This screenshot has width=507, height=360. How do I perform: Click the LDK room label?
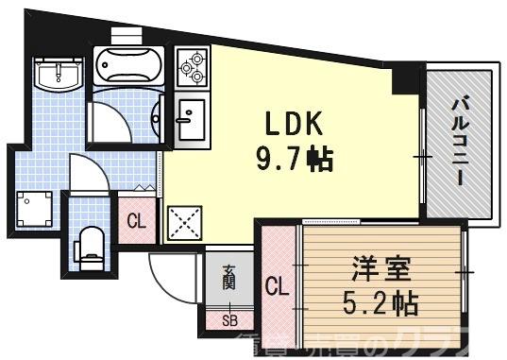point(294,124)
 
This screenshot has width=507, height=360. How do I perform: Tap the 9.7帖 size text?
point(294,158)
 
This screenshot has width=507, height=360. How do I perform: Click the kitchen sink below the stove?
point(192,119)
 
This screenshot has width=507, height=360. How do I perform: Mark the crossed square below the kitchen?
point(181,224)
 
